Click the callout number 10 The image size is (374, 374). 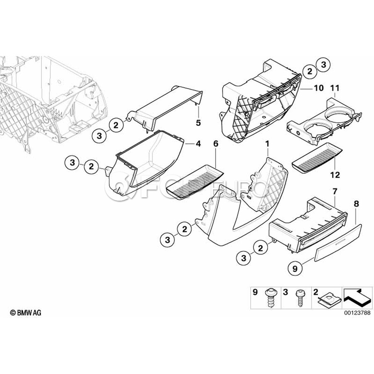[x=318, y=88]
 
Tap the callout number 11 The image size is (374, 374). [x=335, y=88]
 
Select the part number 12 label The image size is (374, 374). [x=335, y=175]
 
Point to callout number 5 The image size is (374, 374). [x=198, y=123]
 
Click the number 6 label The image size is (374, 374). [x=216, y=144]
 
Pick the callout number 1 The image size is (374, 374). [x=267, y=144]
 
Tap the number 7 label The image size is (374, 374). [x=335, y=191]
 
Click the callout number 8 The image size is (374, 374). [x=357, y=204]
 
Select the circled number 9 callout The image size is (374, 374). [x=295, y=269]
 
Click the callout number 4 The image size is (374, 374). [x=198, y=144]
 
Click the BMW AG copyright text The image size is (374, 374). [x=25, y=312]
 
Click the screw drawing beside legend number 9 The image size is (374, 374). [x=271, y=298]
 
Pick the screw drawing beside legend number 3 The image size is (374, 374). [x=300, y=298]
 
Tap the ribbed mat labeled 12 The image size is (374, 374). [x=317, y=157]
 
